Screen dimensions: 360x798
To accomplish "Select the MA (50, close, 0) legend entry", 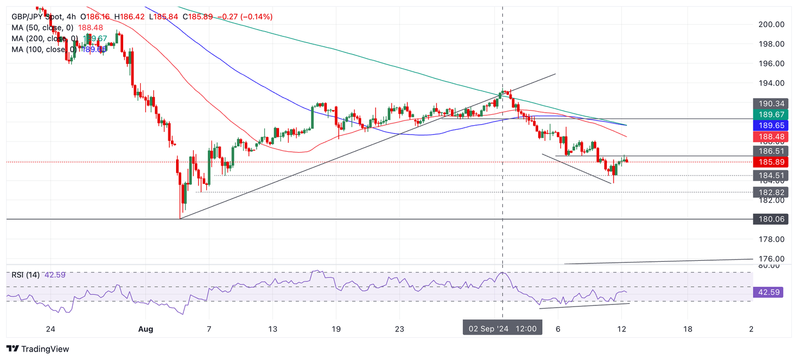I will pyautogui.click(x=43, y=28).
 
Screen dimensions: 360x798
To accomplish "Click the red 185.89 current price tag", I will pyautogui.click(x=770, y=162).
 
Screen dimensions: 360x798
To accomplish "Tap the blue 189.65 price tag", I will pyautogui.click(x=770, y=125).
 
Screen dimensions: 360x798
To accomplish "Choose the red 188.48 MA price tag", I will pyautogui.click(x=770, y=137).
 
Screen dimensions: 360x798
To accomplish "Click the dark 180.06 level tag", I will pyautogui.click(x=770, y=219).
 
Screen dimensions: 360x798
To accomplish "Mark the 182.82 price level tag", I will pyautogui.click(x=770, y=192).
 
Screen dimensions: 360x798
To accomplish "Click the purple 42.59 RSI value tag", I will pyautogui.click(x=770, y=292).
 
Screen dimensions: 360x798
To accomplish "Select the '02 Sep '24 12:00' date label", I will pyautogui.click(x=503, y=329).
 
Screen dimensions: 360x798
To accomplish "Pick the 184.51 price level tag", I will pyautogui.click(x=770, y=176).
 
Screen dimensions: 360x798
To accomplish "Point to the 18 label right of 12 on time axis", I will pyautogui.click(x=688, y=329).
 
